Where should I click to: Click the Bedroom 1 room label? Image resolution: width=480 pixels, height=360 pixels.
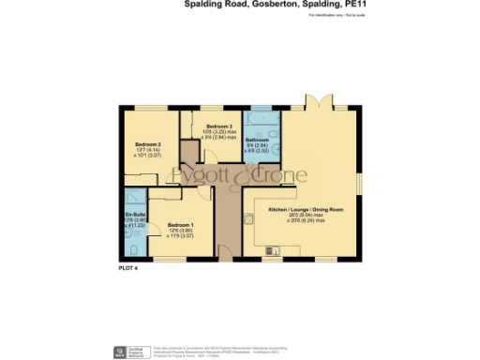point(180,225)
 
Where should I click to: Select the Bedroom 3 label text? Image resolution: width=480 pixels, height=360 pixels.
point(218,126)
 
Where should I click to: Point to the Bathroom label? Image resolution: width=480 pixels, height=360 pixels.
point(258,142)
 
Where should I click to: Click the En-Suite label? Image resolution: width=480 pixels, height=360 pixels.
point(133,214)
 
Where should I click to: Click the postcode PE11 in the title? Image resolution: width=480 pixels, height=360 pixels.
point(407,5)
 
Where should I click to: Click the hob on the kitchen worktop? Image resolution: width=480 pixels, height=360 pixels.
point(249,218)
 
